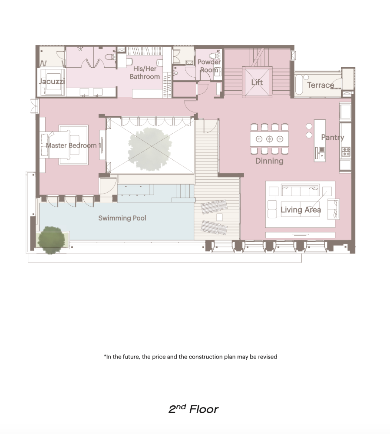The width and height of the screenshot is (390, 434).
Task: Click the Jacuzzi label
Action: [x=52, y=82]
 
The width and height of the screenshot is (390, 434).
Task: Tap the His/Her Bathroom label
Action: [x=145, y=72]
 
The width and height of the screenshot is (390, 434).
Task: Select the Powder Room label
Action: [x=209, y=66]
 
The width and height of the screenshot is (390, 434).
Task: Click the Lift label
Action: [x=257, y=82]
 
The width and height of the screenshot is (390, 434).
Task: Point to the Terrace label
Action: [x=321, y=85]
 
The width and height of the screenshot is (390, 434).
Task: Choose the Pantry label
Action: [x=332, y=138]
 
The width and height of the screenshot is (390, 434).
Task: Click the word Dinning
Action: [x=269, y=161]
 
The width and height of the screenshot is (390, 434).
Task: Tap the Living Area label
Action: [x=301, y=210]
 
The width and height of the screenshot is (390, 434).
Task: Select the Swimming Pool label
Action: [x=122, y=218]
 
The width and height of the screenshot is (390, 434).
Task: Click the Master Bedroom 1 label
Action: [x=73, y=145]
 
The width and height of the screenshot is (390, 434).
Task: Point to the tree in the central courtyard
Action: [x=149, y=148]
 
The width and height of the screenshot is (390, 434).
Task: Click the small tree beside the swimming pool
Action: [x=51, y=240]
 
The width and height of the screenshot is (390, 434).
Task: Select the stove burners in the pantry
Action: [x=346, y=151]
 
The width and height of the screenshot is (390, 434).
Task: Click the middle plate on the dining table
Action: [x=269, y=139]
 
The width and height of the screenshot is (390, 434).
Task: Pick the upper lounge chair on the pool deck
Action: [x=214, y=207]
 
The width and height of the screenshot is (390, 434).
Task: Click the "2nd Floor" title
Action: [x=193, y=409]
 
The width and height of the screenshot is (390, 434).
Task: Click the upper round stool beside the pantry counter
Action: [x=309, y=126]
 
